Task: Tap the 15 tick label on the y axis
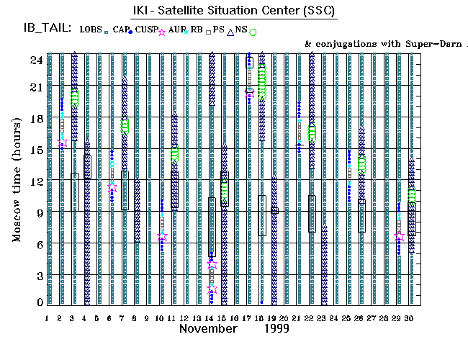click(34, 150)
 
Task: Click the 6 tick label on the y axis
click(37, 244)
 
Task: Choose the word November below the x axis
click(207, 328)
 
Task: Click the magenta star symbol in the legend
click(162, 32)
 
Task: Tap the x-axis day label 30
click(410, 318)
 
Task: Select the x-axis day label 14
click(210, 318)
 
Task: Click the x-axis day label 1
click(48, 318)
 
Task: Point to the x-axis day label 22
click(310, 318)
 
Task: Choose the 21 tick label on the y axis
click(34, 87)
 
